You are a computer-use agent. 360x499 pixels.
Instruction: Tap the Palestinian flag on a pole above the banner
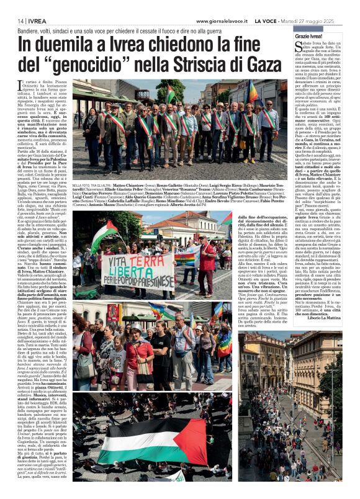[x=105, y=235]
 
